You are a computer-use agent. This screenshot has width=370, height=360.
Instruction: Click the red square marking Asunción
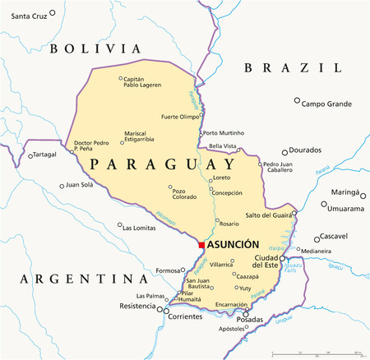click(x=201, y=244)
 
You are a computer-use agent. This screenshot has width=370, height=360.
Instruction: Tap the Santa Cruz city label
click(x=23, y=16)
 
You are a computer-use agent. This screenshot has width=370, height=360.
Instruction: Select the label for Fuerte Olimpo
click(x=180, y=117)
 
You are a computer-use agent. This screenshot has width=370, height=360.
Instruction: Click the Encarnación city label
click(x=231, y=304)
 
